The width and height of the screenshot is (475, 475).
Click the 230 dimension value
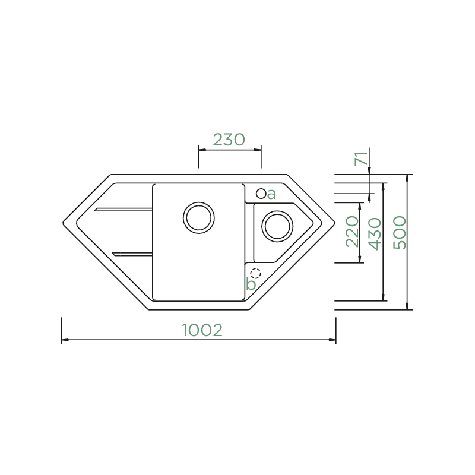(229, 140)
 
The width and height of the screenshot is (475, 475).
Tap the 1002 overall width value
(202, 330)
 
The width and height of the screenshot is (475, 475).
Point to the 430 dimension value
(374, 233)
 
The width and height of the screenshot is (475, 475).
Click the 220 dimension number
(352, 231)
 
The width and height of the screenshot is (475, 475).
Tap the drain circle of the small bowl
(277, 226)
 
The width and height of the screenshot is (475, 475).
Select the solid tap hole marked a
(261, 194)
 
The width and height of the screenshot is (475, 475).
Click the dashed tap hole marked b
(256, 274)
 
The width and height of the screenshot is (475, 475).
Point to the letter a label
(271, 194)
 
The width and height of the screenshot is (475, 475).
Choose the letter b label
(251, 284)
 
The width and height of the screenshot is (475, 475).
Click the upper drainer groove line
(123, 209)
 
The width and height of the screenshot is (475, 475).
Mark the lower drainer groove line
(132, 254)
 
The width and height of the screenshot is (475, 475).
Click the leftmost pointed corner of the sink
(63, 223)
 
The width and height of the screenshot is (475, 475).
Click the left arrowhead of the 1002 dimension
(64, 340)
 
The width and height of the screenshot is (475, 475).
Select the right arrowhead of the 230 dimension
(259, 150)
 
